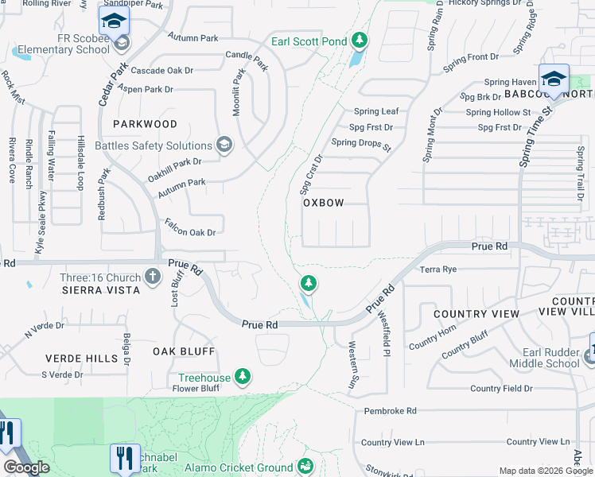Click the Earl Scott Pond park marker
[360, 40]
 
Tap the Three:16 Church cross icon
[154, 277]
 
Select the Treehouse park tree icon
[243, 376]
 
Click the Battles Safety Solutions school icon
[224, 144]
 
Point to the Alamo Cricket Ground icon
[304, 467]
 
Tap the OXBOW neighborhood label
[324, 203]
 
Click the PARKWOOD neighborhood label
[145, 124]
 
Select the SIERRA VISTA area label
[101, 291]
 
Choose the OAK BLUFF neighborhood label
[184, 351]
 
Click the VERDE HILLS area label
[81, 359]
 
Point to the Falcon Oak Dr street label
[190, 228]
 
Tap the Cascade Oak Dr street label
[162, 71]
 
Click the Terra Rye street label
[439, 270]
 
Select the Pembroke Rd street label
[390, 411]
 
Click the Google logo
[26, 467]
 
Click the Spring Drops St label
[361, 145]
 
